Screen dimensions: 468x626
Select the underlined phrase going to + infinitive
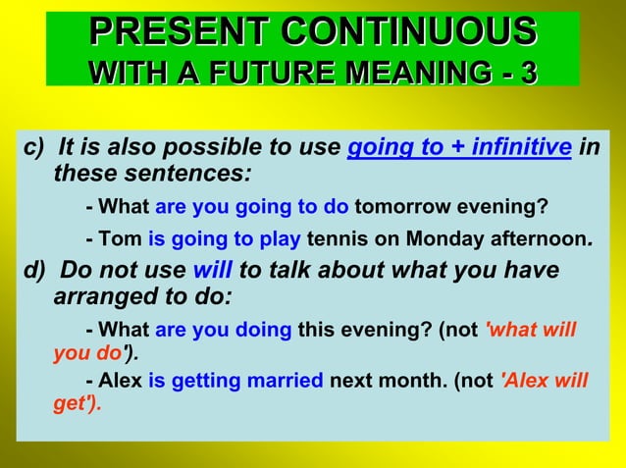point(459,147)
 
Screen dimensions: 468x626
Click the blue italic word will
point(213,270)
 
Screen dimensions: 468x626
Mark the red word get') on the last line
point(77,403)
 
